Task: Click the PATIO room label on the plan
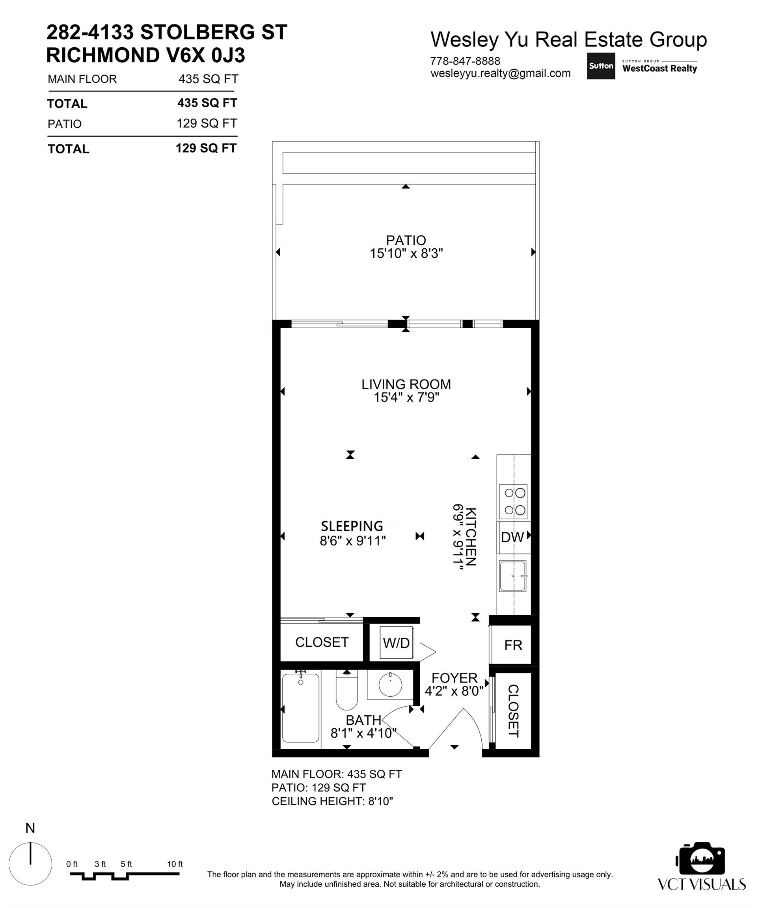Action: [406, 240]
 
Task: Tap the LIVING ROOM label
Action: [406, 384]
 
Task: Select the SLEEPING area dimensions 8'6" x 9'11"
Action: [352, 540]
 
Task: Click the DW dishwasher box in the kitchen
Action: [512, 537]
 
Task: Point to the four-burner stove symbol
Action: [514, 501]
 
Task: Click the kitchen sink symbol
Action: [512, 576]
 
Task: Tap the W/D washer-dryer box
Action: [396, 643]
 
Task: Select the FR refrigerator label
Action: [513, 646]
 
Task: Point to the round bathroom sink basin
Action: [390, 685]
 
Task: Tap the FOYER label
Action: [454, 678]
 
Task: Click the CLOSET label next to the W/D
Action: [322, 642]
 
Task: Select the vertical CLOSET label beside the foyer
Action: [513, 711]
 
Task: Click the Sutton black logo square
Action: [600, 66]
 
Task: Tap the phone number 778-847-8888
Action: [465, 61]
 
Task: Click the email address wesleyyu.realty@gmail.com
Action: [500, 74]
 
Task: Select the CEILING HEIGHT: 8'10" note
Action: [332, 801]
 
